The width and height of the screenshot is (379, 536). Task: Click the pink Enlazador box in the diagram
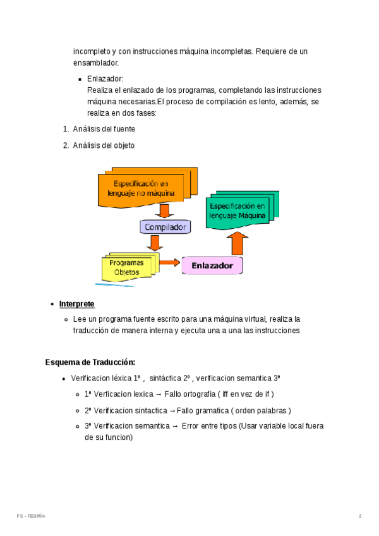[x=212, y=265]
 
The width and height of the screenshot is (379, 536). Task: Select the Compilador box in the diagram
[x=165, y=227]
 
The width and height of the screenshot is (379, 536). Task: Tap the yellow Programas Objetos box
[x=126, y=267]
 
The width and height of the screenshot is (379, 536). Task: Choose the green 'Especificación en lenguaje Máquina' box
[x=238, y=211]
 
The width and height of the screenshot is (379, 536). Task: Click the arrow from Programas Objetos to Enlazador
[x=169, y=262]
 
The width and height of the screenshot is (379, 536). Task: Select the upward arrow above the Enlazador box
[x=238, y=242]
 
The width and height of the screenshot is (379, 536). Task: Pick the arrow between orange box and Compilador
[x=165, y=210]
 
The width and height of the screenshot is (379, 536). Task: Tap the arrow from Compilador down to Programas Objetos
[x=154, y=243]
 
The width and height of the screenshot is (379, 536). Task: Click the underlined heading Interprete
[x=76, y=304]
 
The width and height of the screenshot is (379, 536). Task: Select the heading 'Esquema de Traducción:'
[x=90, y=362]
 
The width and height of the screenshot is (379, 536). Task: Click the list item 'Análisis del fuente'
[x=104, y=129]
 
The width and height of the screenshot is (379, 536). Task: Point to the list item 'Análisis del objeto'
[x=104, y=145]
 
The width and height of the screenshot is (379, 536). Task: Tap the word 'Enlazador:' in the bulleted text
[x=105, y=79]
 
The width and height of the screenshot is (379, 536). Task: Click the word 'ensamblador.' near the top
[x=95, y=63]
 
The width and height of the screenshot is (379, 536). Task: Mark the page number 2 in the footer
[x=360, y=516]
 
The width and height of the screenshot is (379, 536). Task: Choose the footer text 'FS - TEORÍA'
[x=31, y=516]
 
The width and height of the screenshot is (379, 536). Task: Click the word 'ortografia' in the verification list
[x=198, y=394]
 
